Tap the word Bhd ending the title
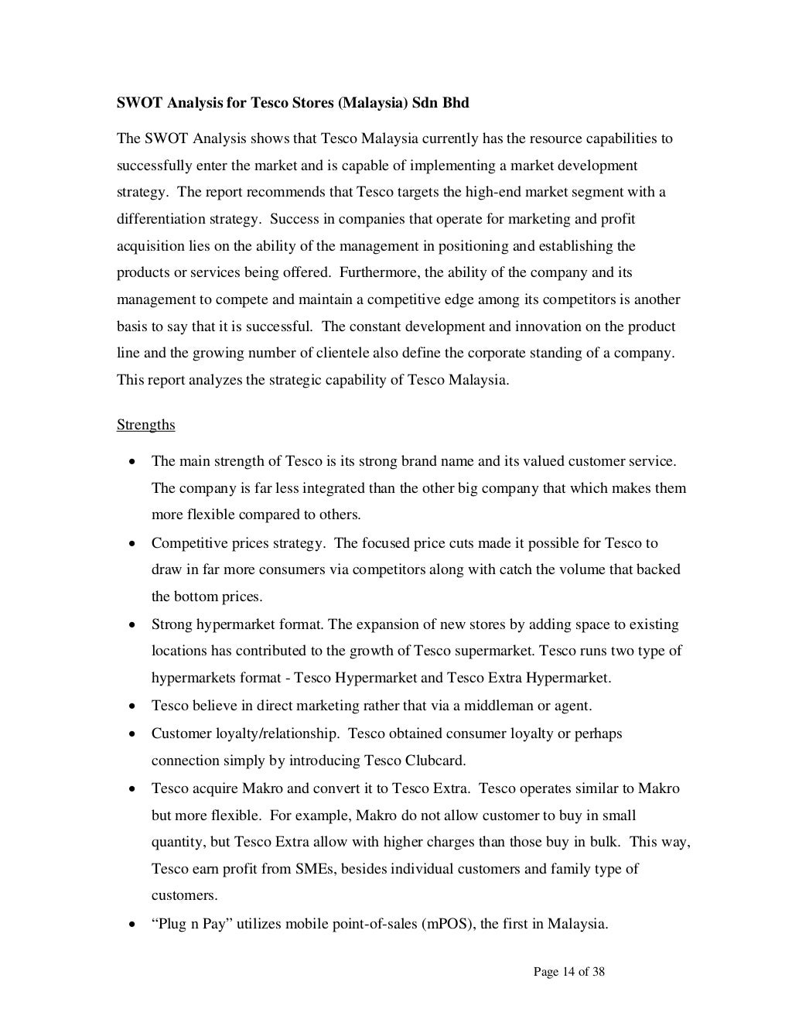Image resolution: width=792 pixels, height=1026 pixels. (456, 103)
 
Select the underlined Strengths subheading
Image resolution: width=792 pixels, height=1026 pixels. (145, 425)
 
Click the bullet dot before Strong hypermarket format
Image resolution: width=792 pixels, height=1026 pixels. (134, 625)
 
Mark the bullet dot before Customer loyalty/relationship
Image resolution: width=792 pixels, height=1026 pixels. (134, 734)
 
